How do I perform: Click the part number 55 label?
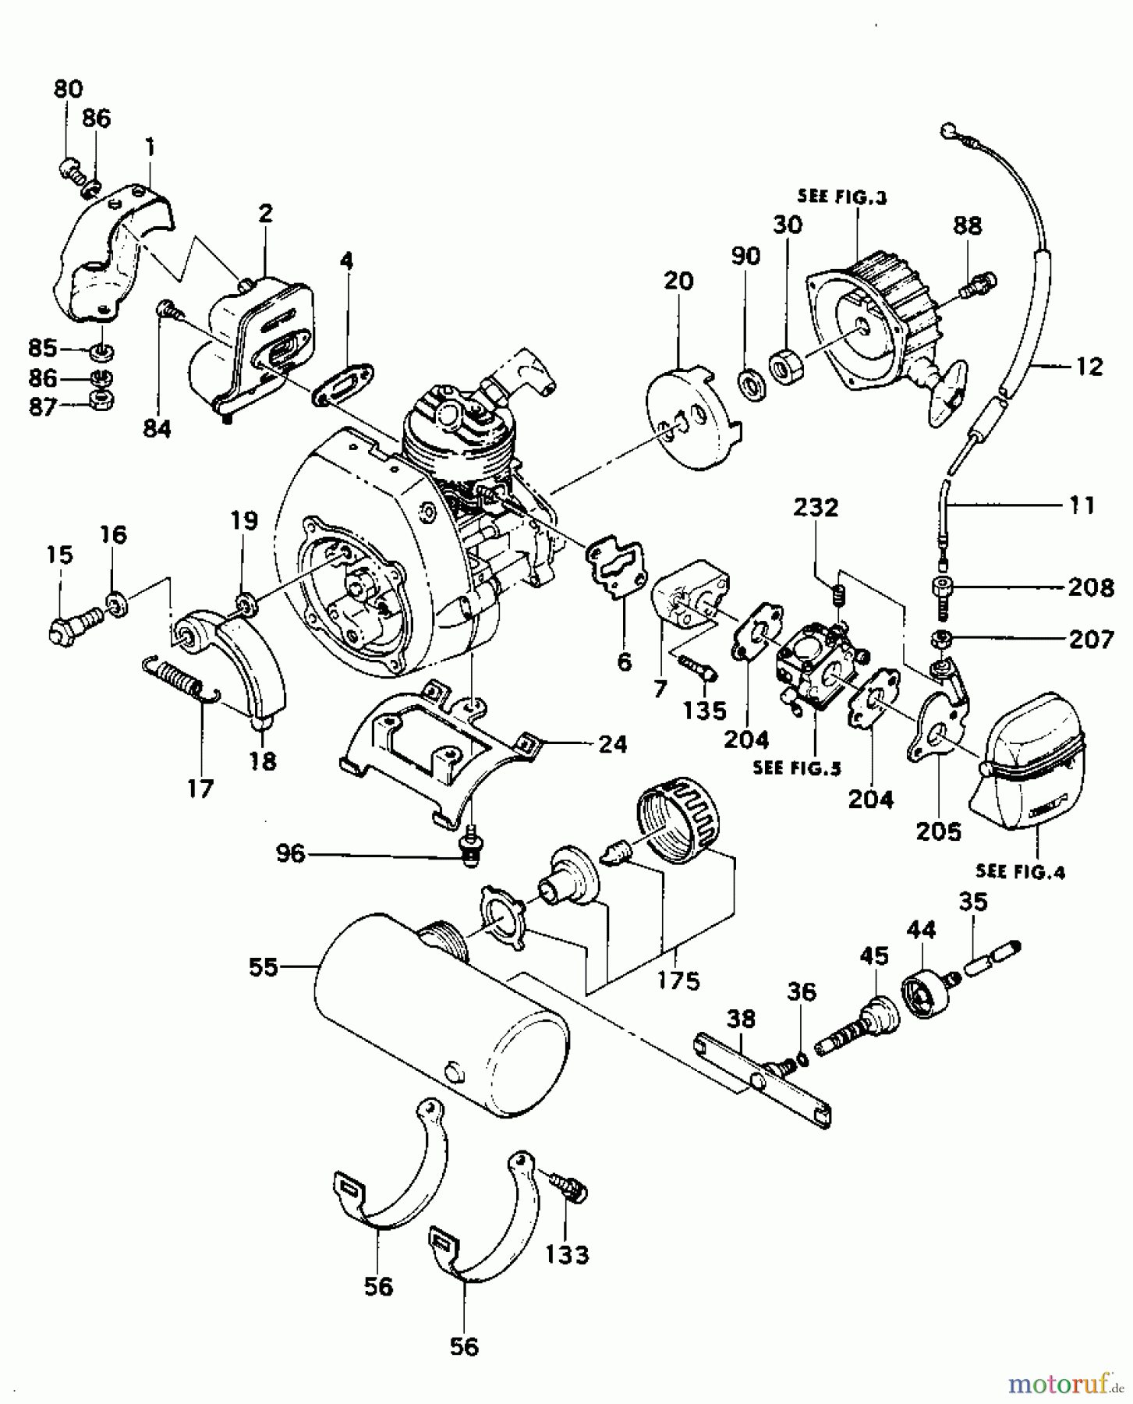pos(264,967)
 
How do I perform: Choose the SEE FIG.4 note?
pos(1019,871)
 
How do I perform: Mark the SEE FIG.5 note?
pos(796,768)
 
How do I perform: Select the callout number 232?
pos(816,508)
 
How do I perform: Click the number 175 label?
pos(678,980)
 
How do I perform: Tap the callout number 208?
pos(1090,587)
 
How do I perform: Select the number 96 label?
pos(290,854)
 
